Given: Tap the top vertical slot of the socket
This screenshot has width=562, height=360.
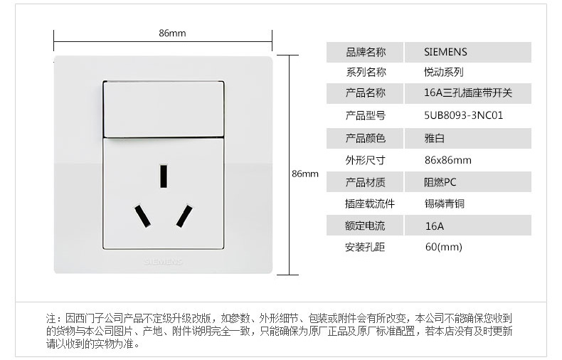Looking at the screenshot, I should coord(164,176).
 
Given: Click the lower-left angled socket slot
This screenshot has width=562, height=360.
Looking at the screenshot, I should coord(143,216).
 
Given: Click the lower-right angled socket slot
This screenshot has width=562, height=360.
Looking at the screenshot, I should coord(184,216).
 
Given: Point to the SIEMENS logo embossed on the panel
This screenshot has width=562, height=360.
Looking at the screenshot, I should coord(164,261).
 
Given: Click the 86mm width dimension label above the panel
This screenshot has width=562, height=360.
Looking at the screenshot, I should coord(172,33).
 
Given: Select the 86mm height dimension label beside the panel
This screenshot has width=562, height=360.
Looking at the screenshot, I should coord(305,174).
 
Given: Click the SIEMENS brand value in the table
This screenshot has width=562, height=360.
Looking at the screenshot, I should coord(445,52).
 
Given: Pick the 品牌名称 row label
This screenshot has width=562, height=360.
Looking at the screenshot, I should coord(365,52).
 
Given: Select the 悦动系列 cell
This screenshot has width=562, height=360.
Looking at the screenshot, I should coord(443,72).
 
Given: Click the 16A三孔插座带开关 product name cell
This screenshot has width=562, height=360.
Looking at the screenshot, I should coord(467,92).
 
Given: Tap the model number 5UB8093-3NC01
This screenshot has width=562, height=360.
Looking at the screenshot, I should coord(463,115).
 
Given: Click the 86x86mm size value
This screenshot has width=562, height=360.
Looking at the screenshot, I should coord(447,160).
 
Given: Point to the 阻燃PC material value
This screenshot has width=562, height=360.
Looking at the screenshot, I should coord(440,182).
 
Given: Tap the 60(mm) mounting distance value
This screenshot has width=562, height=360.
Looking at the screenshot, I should coord(443,247).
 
